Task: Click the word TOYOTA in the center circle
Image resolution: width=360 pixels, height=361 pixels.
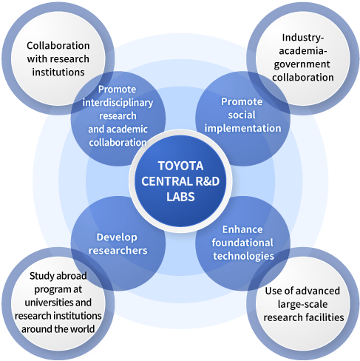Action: tap(180, 166)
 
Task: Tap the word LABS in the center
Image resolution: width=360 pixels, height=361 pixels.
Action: tap(180, 197)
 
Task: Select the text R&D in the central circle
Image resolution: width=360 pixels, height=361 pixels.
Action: tap(207, 181)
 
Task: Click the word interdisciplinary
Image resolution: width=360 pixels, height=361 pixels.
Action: tap(118, 103)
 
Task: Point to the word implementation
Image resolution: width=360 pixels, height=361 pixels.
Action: tap(242, 129)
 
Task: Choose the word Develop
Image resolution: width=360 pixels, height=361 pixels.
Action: tap(117, 237)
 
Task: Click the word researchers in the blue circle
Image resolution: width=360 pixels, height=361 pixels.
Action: tap(118, 251)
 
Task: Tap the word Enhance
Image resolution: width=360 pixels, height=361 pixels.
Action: tap(242, 229)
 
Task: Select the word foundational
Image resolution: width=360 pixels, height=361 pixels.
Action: tap(242, 243)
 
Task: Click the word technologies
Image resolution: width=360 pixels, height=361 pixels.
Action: tap(243, 256)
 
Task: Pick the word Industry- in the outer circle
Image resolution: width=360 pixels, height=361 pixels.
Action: tap(303, 38)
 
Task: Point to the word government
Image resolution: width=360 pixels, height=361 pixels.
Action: tap(302, 64)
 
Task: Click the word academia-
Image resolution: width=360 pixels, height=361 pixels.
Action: tap(303, 51)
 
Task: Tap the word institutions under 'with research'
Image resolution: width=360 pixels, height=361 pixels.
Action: tap(58, 72)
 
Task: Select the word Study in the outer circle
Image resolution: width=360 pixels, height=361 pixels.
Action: tap(40, 276)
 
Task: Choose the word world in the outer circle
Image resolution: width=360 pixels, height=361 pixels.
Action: tap(83, 329)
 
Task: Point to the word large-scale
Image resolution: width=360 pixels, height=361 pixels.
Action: tap(302, 305)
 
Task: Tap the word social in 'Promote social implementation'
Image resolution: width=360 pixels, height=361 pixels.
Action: tap(242, 115)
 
